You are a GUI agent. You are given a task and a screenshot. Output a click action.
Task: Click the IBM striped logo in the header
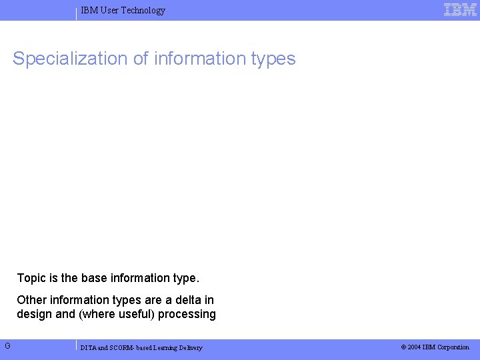[x=460, y=10]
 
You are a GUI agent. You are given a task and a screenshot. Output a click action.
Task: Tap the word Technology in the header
[x=143, y=11]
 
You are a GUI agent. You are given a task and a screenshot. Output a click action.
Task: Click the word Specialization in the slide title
[x=70, y=59]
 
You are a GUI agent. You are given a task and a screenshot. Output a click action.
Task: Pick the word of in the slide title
[x=141, y=59]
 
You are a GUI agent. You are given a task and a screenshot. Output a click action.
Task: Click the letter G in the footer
[x=7, y=346]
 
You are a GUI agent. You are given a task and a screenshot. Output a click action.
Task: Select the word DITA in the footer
[x=88, y=348]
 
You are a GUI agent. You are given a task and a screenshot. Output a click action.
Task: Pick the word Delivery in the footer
[x=189, y=348]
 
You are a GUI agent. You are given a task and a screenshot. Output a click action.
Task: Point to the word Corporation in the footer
[x=453, y=347]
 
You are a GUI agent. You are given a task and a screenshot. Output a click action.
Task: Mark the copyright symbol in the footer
[x=403, y=347]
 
